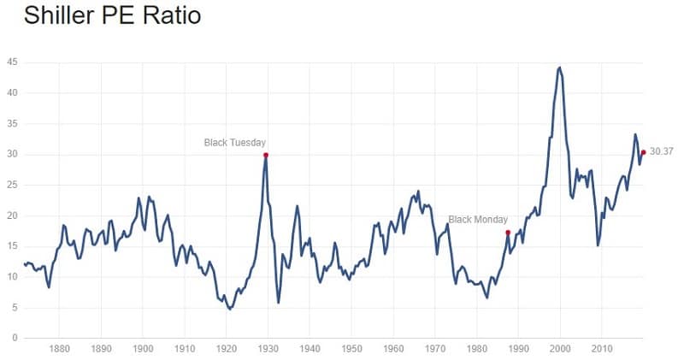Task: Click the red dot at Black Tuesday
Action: pos(266,155)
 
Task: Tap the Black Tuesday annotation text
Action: pos(235,142)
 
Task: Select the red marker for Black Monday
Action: pos(508,232)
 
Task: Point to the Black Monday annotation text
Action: pos(478,219)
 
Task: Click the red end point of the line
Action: pos(643,152)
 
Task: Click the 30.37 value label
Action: pos(662,151)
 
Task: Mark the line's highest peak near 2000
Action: pos(559,67)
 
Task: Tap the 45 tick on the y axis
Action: pos(12,62)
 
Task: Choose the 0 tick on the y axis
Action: pos(15,338)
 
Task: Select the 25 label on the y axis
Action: pos(12,185)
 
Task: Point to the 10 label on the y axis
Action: pos(12,276)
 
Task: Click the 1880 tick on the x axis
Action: pos(59,349)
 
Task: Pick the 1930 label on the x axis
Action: pos(268,349)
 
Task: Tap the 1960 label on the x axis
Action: pos(394,349)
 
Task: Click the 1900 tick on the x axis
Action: pos(143,349)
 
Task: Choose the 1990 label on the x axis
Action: pos(520,349)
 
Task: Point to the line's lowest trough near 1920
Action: pos(229,309)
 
